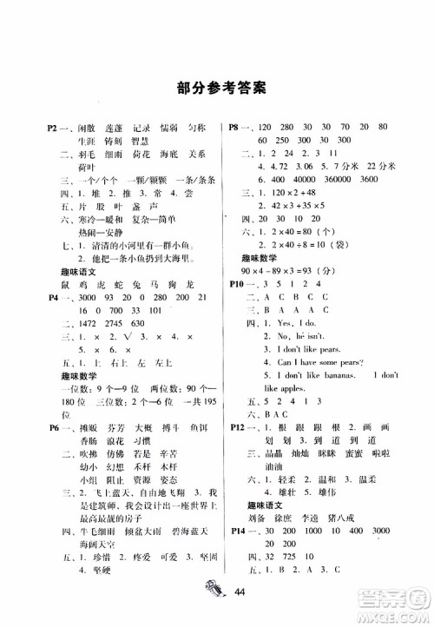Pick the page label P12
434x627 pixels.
pyautogui.click(x=239, y=427)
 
